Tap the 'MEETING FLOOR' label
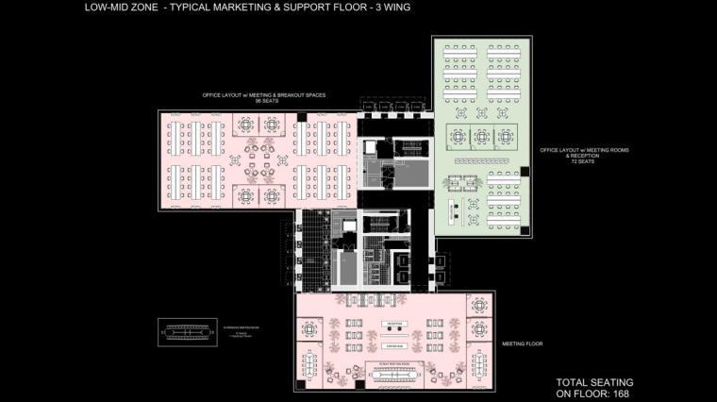524,345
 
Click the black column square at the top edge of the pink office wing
301,115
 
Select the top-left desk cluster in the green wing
460,56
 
